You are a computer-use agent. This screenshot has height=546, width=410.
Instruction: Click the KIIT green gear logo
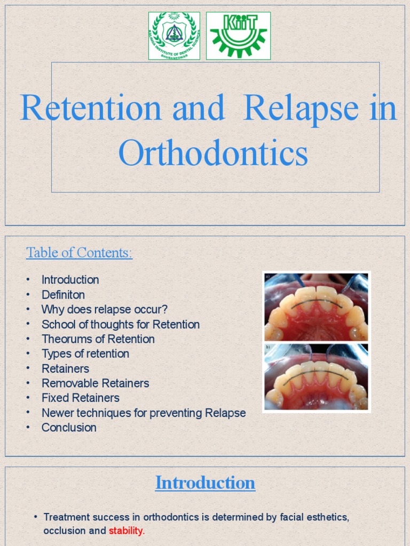pos(238,36)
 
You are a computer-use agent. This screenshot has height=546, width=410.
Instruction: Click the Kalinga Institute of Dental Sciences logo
pos(174,36)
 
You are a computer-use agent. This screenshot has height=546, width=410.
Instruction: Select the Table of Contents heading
pos(79,253)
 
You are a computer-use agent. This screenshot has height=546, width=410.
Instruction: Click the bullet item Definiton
pos(63,295)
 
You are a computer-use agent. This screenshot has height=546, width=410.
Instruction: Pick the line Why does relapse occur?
pos(105,310)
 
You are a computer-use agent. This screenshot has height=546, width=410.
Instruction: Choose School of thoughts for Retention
pos(121,324)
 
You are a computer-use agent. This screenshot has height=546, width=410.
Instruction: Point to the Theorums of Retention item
pos(98,339)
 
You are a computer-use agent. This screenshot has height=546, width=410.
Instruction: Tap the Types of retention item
pos(85,354)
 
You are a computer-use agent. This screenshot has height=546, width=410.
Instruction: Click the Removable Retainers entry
pos(96,383)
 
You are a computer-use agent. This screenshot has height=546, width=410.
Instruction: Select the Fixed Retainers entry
pos(81,398)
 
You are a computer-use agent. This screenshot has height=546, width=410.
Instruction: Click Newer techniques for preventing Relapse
pos(144,413)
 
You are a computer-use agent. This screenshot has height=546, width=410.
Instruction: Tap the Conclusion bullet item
pos(69,428)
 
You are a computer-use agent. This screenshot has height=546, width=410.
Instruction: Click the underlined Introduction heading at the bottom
pos(205,483)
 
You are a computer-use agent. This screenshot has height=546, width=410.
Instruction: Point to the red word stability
pos(127,531)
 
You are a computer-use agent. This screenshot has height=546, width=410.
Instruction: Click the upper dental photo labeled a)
pos(316,307)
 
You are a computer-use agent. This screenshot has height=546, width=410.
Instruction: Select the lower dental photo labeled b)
pos(316,378)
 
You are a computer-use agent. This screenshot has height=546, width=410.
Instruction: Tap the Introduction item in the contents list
pos(70,280)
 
